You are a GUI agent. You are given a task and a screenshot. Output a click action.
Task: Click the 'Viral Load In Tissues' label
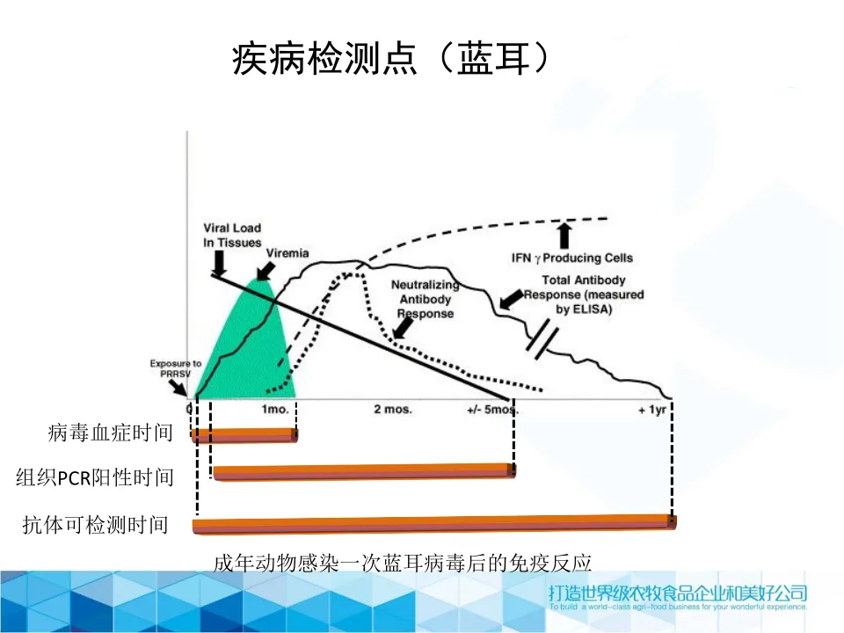(x=231, y=236)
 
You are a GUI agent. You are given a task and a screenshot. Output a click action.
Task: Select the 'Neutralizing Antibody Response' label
(x=425, y=300)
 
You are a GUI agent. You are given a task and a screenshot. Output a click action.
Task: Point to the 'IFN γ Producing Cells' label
(x=572, y=258)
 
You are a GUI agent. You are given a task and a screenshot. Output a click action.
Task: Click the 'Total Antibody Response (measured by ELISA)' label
(x=584, y=295)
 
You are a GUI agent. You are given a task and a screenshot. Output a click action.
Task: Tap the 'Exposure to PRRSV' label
(x=176, y=367)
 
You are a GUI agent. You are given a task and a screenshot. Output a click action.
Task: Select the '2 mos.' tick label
(x=393, y=410)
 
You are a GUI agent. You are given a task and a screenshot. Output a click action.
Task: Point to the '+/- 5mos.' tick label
(x=492, y=410)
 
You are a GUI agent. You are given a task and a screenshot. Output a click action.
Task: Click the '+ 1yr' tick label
(x=651, y=410)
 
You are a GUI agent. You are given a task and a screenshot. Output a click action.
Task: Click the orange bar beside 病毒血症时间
(x=244, y=434)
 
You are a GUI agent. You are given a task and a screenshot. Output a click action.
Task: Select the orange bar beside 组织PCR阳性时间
(x=364, y=472)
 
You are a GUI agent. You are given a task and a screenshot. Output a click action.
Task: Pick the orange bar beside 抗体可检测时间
(x=434, y=523)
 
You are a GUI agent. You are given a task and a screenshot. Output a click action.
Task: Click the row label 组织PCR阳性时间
(x=95, y=477)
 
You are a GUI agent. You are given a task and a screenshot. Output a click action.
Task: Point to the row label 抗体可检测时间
(x=95, y=526)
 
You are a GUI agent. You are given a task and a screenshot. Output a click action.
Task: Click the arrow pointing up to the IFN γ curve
(x=564, y=233)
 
